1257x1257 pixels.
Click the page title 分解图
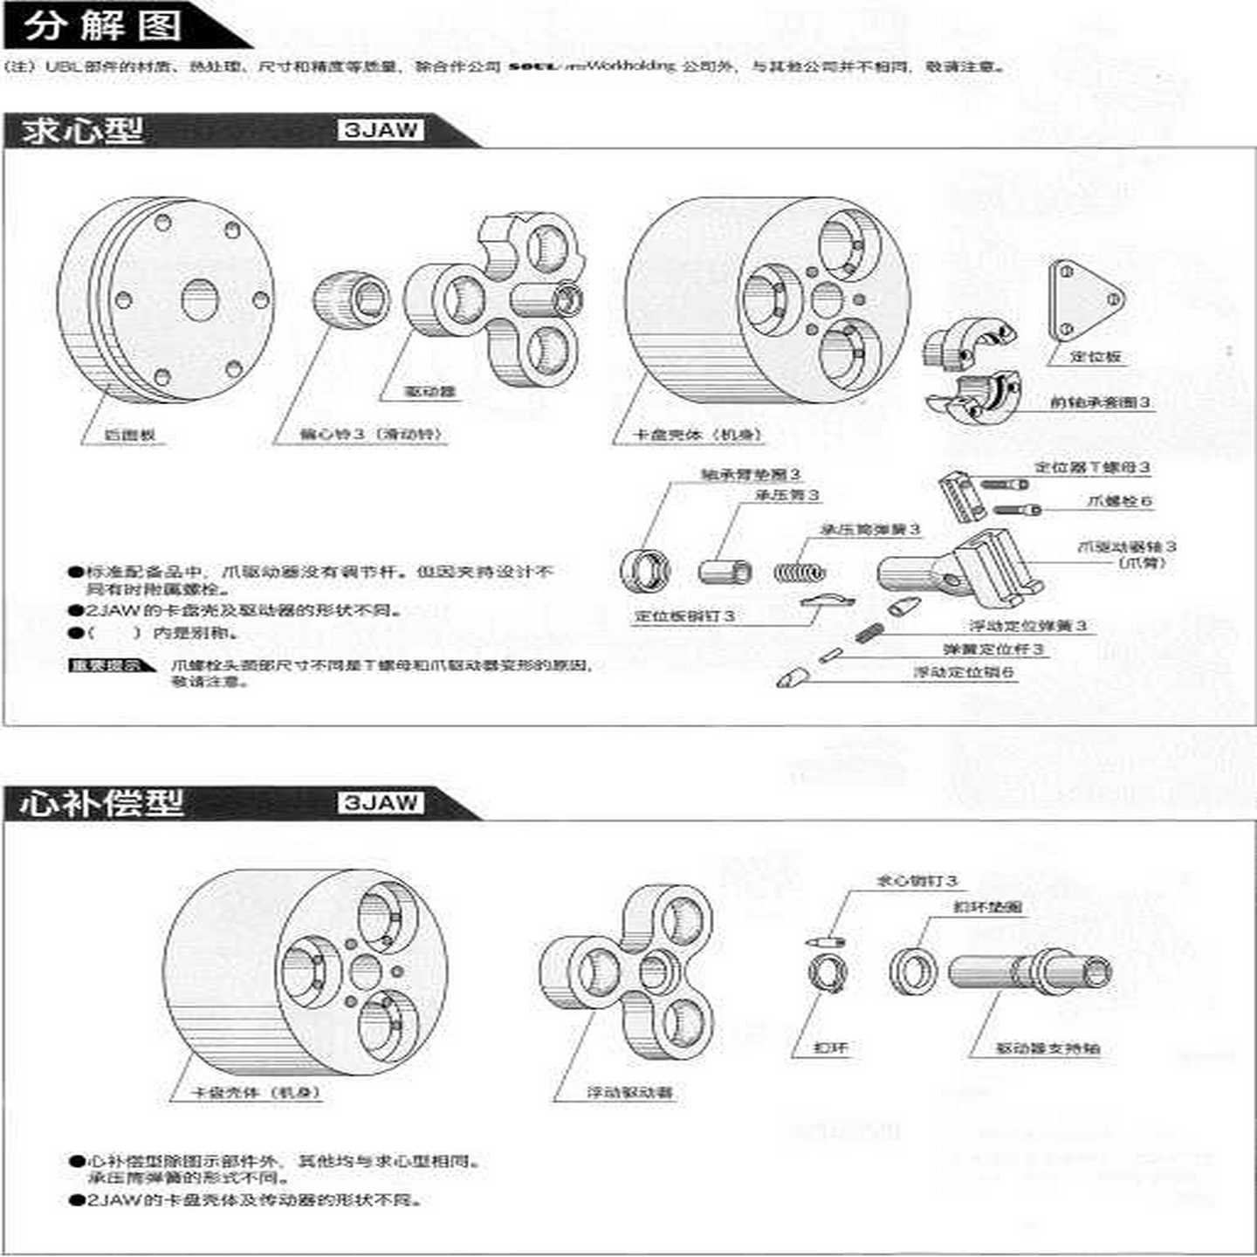pos(103,26)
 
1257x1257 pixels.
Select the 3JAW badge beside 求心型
pos(380,131)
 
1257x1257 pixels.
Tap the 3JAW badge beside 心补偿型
pos(380,803)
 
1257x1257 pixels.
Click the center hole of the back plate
pos(200,300)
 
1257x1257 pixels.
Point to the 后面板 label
pos(130,435)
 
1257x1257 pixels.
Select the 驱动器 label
pos(429,392)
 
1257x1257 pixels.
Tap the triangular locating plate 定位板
pos(1085,301)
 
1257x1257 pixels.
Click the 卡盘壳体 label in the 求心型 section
pos(697,435)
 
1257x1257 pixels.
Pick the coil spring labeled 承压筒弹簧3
pos(798,573)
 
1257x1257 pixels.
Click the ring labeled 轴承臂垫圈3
pos(646,572)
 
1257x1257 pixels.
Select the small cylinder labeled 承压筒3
pos(725,572)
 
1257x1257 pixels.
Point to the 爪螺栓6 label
pos(1119,501)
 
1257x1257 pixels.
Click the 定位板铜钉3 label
pos(684,616)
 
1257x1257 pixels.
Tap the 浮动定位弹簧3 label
pos(1027,626)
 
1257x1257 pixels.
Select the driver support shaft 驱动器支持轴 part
pos(1030,971)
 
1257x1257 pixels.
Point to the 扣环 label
pos(830,1047)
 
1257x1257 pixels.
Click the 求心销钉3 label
pos(917,881)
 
